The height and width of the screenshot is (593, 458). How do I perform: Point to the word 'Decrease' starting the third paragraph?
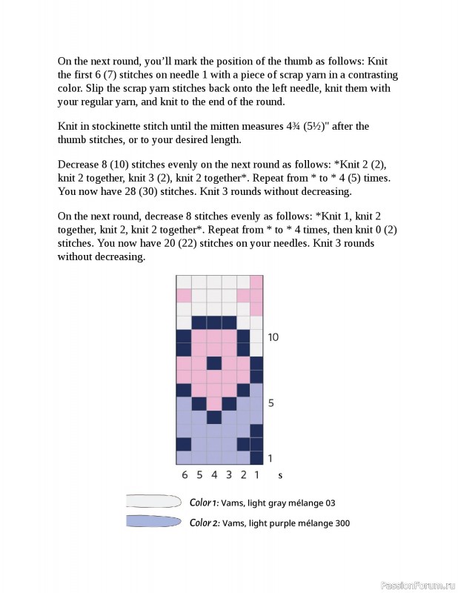point(79,165)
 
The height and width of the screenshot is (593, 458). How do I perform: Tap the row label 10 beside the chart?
point(273,337)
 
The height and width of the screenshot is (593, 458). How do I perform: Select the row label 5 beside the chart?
point(271,403)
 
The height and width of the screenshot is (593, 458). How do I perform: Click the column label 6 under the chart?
point(185,475)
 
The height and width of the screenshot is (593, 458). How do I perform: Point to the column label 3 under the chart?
point(228,475)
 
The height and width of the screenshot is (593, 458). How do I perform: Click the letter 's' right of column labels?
point(280,475)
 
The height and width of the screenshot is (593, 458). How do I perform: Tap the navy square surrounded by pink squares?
point(213,363)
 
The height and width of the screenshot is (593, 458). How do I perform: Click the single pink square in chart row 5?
point(213,403)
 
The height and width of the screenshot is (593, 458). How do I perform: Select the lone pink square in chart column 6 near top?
point(184,295)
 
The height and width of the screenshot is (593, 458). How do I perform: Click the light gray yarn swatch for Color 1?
point(153,502)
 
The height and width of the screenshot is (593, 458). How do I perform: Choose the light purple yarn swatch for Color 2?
point(153,522)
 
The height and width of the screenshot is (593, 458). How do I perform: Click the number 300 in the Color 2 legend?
point(341,523)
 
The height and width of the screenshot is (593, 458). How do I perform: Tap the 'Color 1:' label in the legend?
point(203,503)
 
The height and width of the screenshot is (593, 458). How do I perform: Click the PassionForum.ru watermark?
point(416,585)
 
